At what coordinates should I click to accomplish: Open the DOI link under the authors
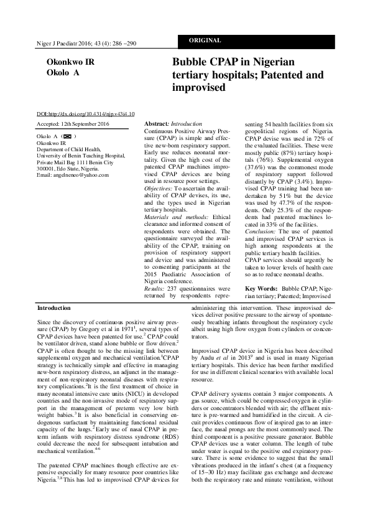[x=86, y=114]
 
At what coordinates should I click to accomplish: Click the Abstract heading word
[x=156, y=125]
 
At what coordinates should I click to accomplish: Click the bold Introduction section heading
[x=54, y=308]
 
